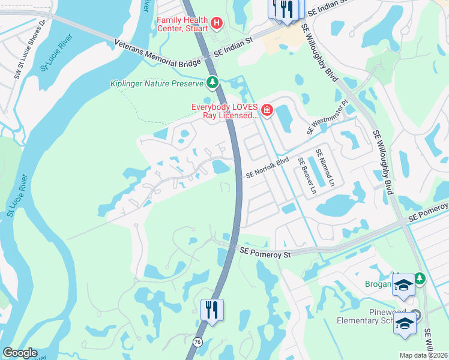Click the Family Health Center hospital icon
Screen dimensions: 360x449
pyautogui.click(x=217, y=24)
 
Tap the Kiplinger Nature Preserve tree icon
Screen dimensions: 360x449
pyautogui.click(x=212, y=82)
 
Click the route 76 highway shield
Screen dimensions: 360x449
pyautogui.click(x=197, y=341)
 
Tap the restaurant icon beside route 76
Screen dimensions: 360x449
pyautogui.click(x=212, y=310)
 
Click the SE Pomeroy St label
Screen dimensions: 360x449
pyautogui.click(x=265, y=254)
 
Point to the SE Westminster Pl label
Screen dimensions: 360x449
pyautogui.click(x=327, y=117)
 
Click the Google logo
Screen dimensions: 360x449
pyautogui.click(x=20, y=353)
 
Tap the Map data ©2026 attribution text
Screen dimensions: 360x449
pyautogui.click(x=423, y=355)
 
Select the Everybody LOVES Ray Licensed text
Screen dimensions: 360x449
pyautogui.click(x=224, y=111)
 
